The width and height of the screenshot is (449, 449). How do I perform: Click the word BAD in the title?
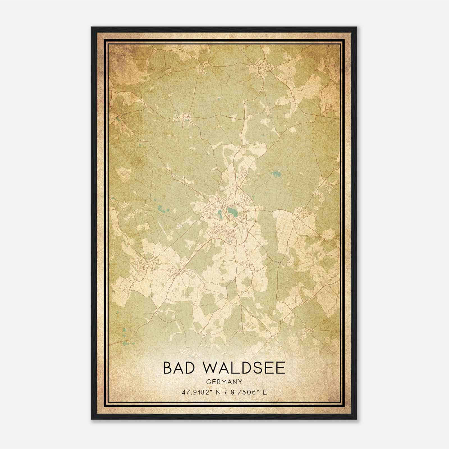pyautogui.click(x=178, y=368)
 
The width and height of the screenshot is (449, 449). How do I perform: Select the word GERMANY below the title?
pyautogui.click(x=224, y=382)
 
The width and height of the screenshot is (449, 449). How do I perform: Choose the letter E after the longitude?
pyautogui.click(x=265, y=392)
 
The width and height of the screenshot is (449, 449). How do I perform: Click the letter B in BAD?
pyautogui.click(x=168, y=368)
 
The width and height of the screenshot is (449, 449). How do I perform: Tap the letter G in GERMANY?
pyautogui.click(x=208, y=382)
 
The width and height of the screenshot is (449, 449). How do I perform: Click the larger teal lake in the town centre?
pyautogui.click(x=232, y=211)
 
